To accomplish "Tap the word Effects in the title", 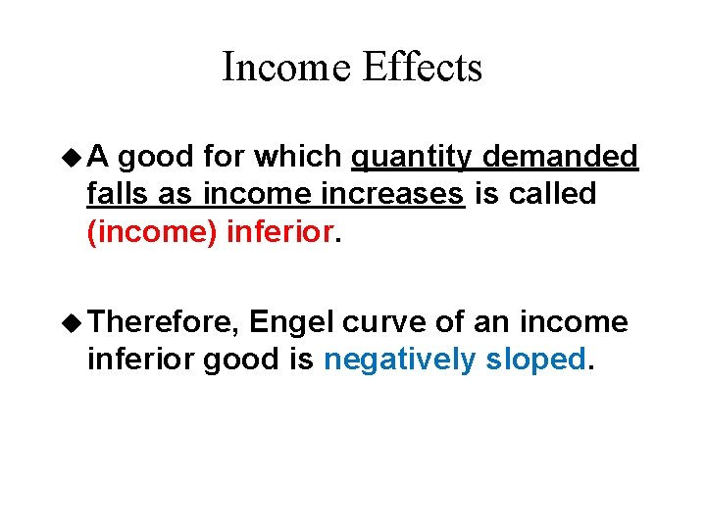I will pyautogui.click(x=423, y=68).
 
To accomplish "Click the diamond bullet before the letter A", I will pyautogui.click(x=71, y=157).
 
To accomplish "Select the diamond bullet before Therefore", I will pyautogui.click(x=71, y=322).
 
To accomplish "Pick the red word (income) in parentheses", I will pyautogui.click(x=153, y=233).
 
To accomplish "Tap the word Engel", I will pyautogui.click(x=292, y=322).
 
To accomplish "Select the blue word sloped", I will pyautogui.click(x=535, y=360).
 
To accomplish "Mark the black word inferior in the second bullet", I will pyautogui.click(x=141, y=360).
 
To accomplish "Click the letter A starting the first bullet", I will pyautogui.click(x=100, y=157).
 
